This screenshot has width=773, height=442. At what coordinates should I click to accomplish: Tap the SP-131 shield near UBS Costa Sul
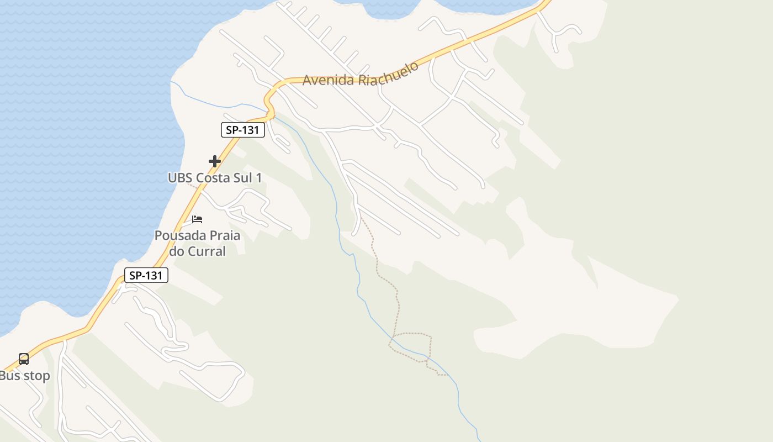(x=243, y=130)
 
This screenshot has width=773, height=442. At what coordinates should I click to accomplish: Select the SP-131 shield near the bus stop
(x=146, y=275)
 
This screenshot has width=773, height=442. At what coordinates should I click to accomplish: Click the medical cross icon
(x=215, y=161)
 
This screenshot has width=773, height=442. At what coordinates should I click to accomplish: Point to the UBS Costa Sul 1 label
(x=215, y=178)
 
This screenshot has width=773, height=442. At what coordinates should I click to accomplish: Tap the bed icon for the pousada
(x=197, y=219)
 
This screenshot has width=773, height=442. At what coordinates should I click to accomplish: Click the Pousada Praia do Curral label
(x=197, y=244)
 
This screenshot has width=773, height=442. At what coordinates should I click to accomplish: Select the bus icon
(x=24, y=359)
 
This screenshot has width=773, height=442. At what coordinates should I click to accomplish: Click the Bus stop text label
(x=25, y=376)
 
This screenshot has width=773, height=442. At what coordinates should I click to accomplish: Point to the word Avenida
(x=328, y=80)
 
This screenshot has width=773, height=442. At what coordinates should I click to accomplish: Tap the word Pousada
(x=176, y=236)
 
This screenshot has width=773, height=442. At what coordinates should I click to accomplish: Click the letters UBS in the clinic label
(x=180, y=178)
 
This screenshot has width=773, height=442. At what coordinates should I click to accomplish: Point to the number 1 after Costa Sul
(x=258, y=178)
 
